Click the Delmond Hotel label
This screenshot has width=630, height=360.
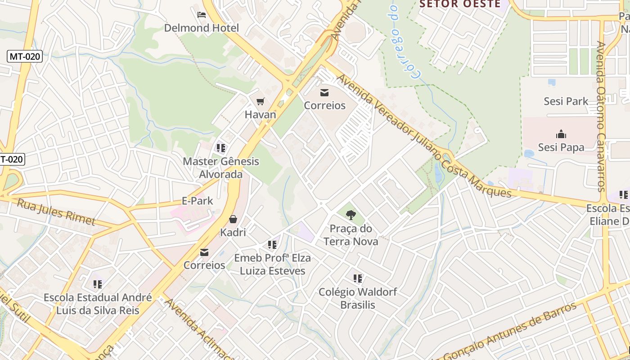click(202, 28)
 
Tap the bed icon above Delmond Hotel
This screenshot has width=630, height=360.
click(202, 15)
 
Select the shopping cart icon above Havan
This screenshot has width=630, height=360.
click(260, 102)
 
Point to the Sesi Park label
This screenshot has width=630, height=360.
click(566, 101)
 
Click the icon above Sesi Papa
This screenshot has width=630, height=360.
click(561, 134)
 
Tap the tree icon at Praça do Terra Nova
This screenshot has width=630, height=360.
click(351, 215)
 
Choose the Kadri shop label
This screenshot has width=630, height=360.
click(233, 233)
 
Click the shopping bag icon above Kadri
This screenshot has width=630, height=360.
click(233, 220)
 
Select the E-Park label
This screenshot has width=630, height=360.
click(197, 201)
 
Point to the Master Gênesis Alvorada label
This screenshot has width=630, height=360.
click(221, 168)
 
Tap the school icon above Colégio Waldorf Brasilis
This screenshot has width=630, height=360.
click(358, 279)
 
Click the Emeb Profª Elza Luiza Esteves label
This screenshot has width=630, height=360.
click(272, 265)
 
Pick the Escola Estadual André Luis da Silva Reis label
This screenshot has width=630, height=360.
click(98, 304)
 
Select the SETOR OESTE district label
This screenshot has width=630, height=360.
click(460, 4)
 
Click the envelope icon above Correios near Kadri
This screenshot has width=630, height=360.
click(204, 252)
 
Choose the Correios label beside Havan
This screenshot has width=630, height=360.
click(324, 106)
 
